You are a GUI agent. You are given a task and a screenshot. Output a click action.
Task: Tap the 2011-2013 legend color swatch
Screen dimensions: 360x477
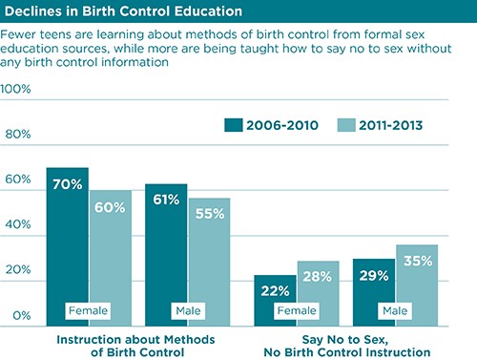tap(348, 125)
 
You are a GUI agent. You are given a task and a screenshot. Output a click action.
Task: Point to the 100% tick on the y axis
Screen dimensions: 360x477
tap(16, 89)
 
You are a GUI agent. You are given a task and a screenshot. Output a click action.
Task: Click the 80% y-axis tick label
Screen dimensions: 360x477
tap(16, 134)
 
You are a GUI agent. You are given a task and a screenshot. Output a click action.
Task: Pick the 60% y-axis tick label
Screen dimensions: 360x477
tap(16, 180)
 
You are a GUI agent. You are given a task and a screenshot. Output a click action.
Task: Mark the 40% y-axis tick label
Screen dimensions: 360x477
tap(16, 225)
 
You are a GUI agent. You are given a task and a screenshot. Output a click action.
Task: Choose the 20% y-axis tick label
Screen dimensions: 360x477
tap(16, 270)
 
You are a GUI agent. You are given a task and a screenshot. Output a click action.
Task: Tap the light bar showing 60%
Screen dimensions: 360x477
tap(111, 257)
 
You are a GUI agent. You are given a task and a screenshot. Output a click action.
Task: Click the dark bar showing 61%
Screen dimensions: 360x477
tap(166, 253)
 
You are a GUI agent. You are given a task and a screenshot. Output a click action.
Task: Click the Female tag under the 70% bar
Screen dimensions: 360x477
tap(88, 310)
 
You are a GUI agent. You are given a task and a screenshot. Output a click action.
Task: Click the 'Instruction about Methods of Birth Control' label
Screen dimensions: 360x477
tap(137, 346)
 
